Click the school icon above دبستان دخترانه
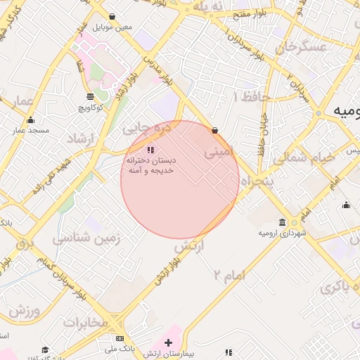150,150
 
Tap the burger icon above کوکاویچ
90,97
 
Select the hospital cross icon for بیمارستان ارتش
167,342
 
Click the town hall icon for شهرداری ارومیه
282,223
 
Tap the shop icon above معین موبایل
112,16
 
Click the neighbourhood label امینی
217,150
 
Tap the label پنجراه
257,180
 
